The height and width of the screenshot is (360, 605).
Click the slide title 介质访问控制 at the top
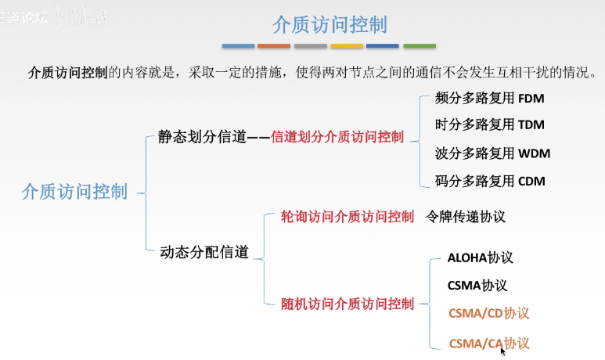(330, 24)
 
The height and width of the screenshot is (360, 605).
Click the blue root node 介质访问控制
(75, 192)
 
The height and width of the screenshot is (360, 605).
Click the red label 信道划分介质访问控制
(337, 137)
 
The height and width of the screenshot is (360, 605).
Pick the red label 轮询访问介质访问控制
(348, 217)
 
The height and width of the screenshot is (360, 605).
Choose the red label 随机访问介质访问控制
(348, 304)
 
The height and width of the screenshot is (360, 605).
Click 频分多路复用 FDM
(489, 99)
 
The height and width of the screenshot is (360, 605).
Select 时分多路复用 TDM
(489, 124)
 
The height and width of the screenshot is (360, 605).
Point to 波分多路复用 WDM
(492, 153)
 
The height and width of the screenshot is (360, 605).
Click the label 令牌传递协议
(466, 217)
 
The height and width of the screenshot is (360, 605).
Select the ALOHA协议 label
(480, 257)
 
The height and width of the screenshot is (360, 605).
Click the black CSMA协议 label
(477, 285)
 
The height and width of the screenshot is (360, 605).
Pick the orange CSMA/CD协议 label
(488, 314)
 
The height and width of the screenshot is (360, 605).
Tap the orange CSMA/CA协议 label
(488, 343)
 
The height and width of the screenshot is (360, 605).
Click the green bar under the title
(420, 46)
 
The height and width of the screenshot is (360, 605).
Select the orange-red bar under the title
(274, 46)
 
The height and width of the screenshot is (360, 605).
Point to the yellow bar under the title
(347, 46)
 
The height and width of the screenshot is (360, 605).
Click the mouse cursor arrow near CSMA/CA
(503, 351)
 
